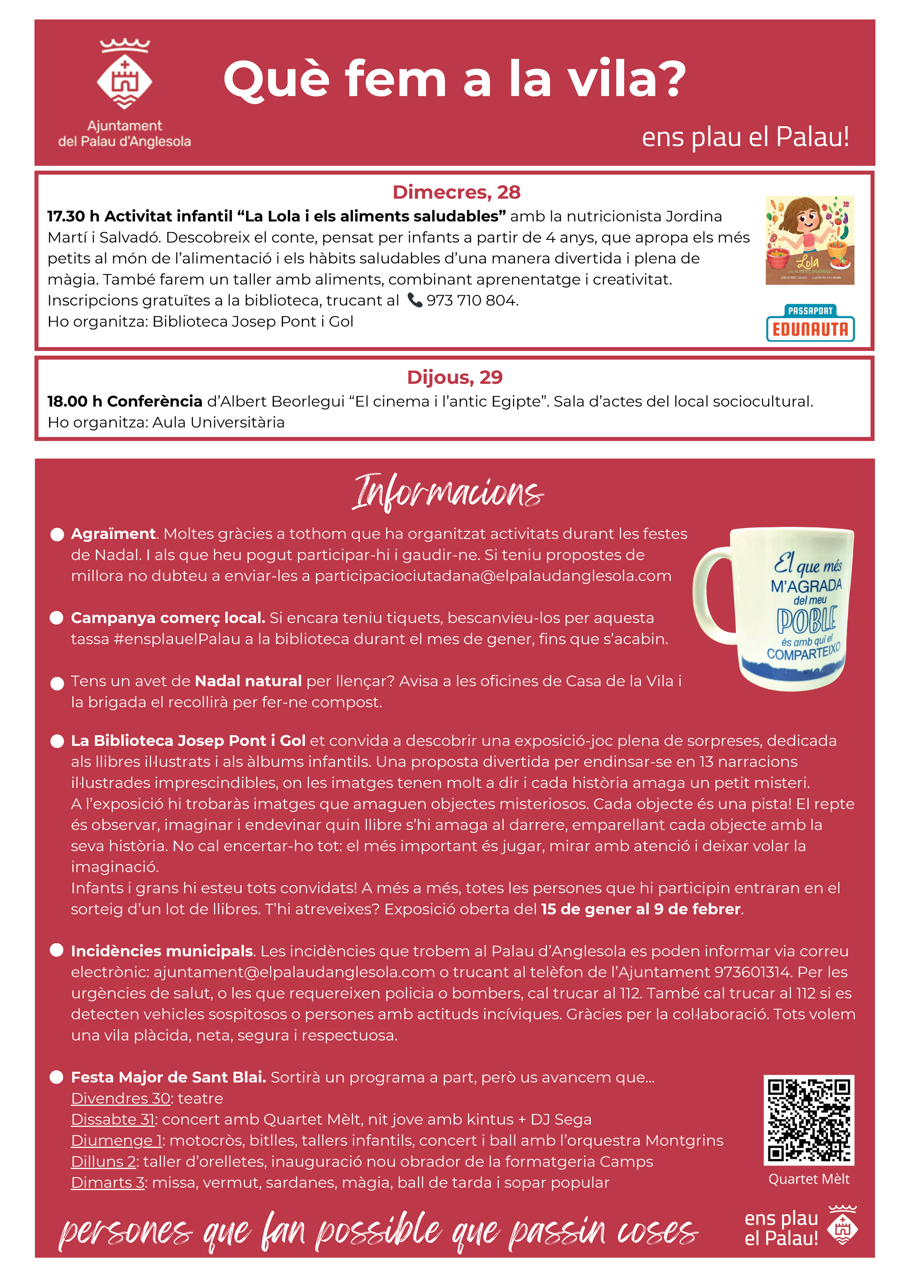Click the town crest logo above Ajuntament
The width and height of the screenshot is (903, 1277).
[x=125, y=74]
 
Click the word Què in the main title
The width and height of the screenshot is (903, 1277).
[x=277, y=79]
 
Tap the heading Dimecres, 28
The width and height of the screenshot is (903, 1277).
[x=456, y=192]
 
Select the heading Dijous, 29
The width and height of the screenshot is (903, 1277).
[x=455, y=377]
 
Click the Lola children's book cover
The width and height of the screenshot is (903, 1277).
[x=809, y=240]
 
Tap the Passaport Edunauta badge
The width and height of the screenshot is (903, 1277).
[x=809, y=323]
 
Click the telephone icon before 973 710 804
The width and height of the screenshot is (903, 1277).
[x=414, y=300]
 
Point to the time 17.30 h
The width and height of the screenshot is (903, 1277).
[x=73, y=216]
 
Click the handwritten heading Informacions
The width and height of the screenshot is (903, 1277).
[x=448, y=492]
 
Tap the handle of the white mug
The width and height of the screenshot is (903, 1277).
[x=711, y=590]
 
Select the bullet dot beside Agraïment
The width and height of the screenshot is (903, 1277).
[x=57, y=535]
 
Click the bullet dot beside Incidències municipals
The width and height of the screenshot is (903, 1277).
[x=57, y=950]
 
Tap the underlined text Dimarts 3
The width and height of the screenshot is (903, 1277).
[x=107, y=1182]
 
